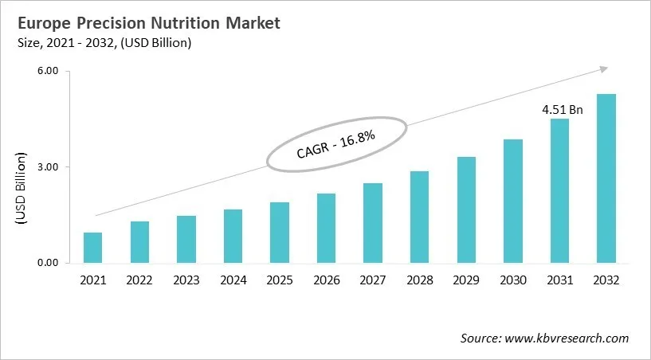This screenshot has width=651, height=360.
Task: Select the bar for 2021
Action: click(x=92, y=248)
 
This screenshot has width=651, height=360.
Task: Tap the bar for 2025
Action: click(x=280, y=233)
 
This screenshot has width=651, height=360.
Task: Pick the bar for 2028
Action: click(x=419, y=217)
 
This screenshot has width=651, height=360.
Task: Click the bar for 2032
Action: click(x=606, y=178)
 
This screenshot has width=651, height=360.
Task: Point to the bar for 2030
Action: click(x=512, y=201)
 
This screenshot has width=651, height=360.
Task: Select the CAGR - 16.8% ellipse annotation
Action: click(x=336, y=144)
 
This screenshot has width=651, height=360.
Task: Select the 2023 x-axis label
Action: click(x=186, y=280)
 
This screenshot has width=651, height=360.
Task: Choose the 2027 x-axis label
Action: click(x=373, y=280)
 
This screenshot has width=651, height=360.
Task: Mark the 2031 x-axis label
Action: click(x=559, y=280)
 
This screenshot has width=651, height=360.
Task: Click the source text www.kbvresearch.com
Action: click(x=545, y=338)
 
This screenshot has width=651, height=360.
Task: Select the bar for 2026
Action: click(x=326, y=228)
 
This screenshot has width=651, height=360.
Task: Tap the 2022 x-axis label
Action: click(x=139, y=280)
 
